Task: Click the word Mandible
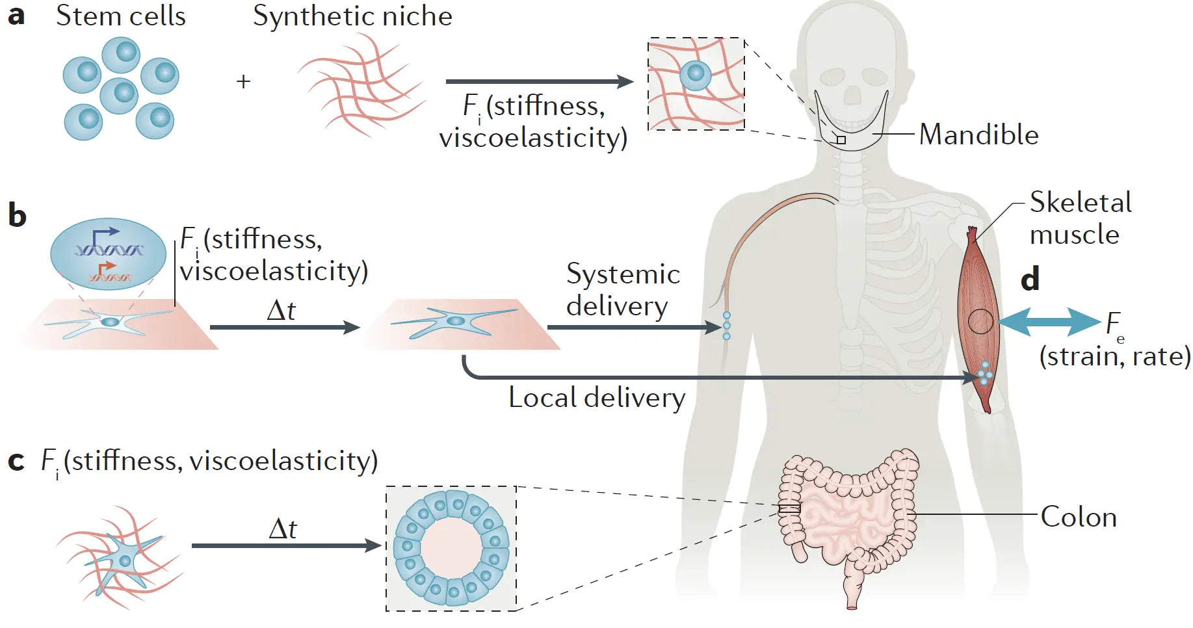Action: [978, 135]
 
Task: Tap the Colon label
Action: [1079, 517]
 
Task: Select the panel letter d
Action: [1030, 279]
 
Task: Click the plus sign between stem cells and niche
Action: [243, 82]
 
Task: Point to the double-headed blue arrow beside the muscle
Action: [1048, 322]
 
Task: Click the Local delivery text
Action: [597, 398]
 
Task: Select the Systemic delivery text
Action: [622, 290]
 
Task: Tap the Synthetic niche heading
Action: [352, 16]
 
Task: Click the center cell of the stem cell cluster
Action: [120, 95]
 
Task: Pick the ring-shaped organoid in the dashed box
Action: [451, 548]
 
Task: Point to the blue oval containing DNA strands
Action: [108, 254]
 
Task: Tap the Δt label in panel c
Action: [283, 529]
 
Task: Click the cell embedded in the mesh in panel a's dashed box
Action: [696, 75]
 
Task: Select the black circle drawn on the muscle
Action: [980, 321]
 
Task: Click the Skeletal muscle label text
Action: [1079, 218]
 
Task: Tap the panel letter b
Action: [18, 215]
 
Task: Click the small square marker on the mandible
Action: [841, 140]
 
